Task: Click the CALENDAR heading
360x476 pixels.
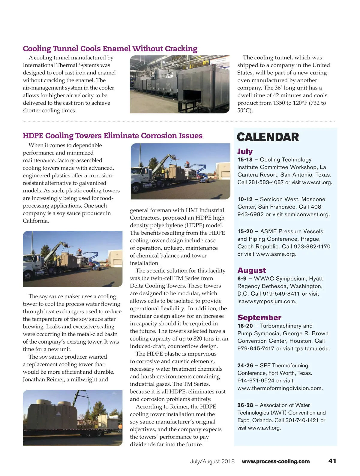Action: pyautogui.click(x=268, y=137)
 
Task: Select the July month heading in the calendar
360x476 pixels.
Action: pyautogui.click(x=245, y=151)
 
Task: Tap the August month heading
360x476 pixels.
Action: pyautogui.click(x=251, y=270)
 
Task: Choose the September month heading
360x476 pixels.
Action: pyautogui.click(x=259, y=318)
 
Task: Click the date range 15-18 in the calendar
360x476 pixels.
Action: pyautogui.click(x=245, y=160)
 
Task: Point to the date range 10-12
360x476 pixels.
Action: pyautogui.click(x=245, y=199)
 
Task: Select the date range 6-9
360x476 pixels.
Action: pyautogui.click(x=242, y=279)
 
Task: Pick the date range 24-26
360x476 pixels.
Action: pyautogui.click(x=245, y=366)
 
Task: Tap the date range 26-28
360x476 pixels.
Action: pyautogui.click(x=245, y=405)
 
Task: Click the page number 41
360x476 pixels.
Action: pyautogui.click(x=332, y=461)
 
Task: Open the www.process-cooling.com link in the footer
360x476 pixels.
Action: pyautogui.click(x=276, y=462)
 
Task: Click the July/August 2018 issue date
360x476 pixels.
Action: pyautogui.click(x=212, y=462)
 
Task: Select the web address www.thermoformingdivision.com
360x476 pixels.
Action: pyautogui.click(x=280, y=388)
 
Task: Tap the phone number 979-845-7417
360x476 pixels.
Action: pyautogui.click(x=256, y=348)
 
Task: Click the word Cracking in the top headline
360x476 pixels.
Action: pyautogui.click(x=181, y=49)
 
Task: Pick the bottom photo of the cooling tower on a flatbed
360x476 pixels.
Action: pyautogui.click(x=73, y=417)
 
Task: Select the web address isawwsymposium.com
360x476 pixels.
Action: pyautogui.click(x=266, y=301)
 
